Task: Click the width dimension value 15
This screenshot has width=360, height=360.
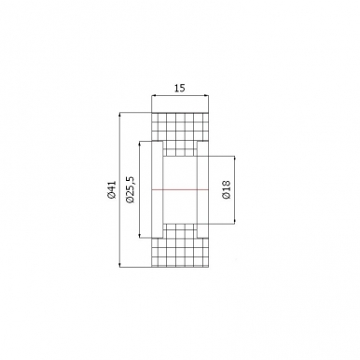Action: tap(180, 87)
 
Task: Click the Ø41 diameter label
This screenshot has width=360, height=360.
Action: tap(111, 192)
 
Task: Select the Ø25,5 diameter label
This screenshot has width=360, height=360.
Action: tap(130, 189)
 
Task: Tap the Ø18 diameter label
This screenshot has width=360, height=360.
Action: tap(226, 190)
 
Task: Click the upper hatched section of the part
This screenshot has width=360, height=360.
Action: tap(180, 127)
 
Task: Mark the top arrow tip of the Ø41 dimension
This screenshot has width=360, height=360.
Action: tap(120, 113)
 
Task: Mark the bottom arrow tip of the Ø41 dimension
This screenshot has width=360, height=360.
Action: tap(120, 267)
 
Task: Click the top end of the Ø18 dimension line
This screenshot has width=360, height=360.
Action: tap(234, 155)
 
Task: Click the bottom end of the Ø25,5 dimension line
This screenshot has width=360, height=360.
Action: tap(139, 237)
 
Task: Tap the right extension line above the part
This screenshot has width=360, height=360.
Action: tap(209, 101)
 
